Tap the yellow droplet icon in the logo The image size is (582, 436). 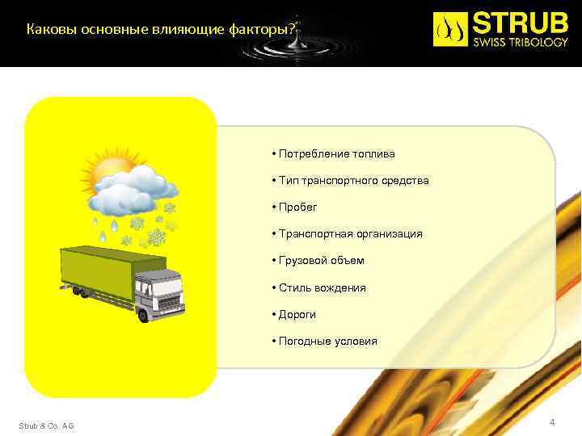pos(451,29)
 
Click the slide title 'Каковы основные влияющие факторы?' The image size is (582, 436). pos(162,30)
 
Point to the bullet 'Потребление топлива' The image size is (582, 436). pos(336,153)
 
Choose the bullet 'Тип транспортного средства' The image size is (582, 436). pos(353,180)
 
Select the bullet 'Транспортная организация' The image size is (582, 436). pos(350,234)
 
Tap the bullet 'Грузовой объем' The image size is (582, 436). pos(321,261)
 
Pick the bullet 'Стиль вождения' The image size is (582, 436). pos(322,287)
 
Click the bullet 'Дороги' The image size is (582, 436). pos(297,314)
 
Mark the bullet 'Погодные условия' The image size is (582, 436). pos(327,342)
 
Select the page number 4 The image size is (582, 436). pos(552,422)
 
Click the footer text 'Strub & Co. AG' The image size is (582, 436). pos(46,426)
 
